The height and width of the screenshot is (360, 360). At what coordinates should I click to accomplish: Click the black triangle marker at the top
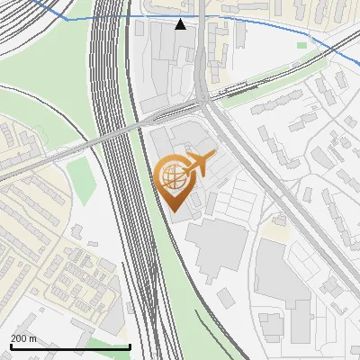coord(181,24)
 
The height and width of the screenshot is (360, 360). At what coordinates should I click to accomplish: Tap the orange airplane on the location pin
coord(198,164)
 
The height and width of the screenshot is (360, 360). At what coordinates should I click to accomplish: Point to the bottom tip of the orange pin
coord(173,212)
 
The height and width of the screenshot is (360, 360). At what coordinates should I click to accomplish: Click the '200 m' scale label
coord(23,338)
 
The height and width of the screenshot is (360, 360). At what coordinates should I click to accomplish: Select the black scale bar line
coord(70,346)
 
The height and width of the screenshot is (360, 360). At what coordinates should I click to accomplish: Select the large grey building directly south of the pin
coord(216,247)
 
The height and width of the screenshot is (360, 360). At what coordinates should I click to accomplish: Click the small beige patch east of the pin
coord(274,231)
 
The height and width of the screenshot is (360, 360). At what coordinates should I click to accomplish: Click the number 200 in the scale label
coord(19,338)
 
